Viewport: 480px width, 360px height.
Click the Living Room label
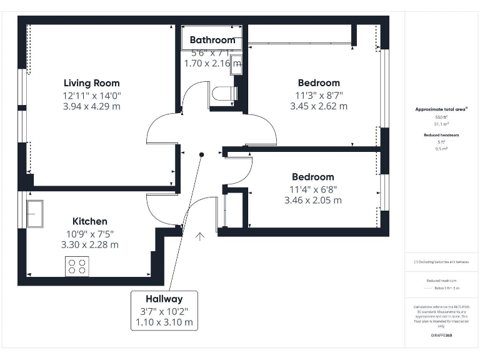(91, 83)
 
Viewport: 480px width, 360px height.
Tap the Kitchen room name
(89, 221)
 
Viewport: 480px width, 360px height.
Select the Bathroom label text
(212, 41)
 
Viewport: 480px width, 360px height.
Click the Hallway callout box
(164, 311)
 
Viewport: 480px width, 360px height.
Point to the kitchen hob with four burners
(77, 267)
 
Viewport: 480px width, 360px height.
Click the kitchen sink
(34, 214)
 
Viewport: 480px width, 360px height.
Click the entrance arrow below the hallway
(200, 236)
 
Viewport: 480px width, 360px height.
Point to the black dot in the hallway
(201, 154)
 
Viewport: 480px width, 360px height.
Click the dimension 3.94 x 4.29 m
(91, 106)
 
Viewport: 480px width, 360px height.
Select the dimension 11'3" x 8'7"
(319, 95)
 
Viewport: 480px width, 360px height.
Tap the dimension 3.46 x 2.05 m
(312, 201)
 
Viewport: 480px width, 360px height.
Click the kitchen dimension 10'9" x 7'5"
(89, 233)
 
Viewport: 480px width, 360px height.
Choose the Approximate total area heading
(441, 109)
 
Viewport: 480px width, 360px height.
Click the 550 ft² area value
(441, 117)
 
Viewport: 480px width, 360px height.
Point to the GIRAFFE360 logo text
(441, 336)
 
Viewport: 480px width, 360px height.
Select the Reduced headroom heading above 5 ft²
(441, 135)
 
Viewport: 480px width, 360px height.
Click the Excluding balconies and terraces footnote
(441, 262)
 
